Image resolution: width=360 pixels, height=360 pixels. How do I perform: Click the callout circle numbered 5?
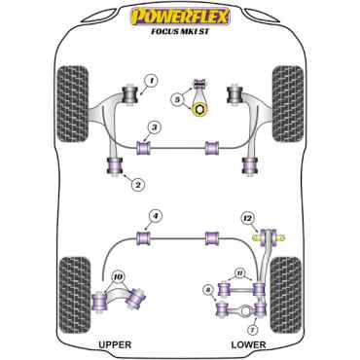click(176, 98)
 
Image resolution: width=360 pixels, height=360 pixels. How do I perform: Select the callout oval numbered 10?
click(119, 277)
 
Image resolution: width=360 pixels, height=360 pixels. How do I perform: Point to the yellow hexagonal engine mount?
click(200, 111)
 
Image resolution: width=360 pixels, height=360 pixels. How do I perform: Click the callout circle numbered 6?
click(207, 289)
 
